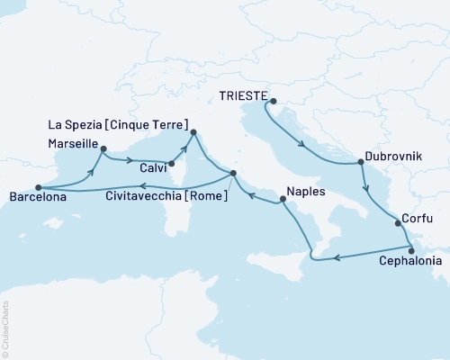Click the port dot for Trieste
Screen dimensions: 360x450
(273, 101)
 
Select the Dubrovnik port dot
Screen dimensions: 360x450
(361, 163)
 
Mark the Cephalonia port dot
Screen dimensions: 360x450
(410, 251)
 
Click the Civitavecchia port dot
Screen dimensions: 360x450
(233, 174)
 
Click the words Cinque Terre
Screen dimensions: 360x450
(155, 123)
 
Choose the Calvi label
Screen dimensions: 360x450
(149, 166)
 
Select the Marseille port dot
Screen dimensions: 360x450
(103, 150)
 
